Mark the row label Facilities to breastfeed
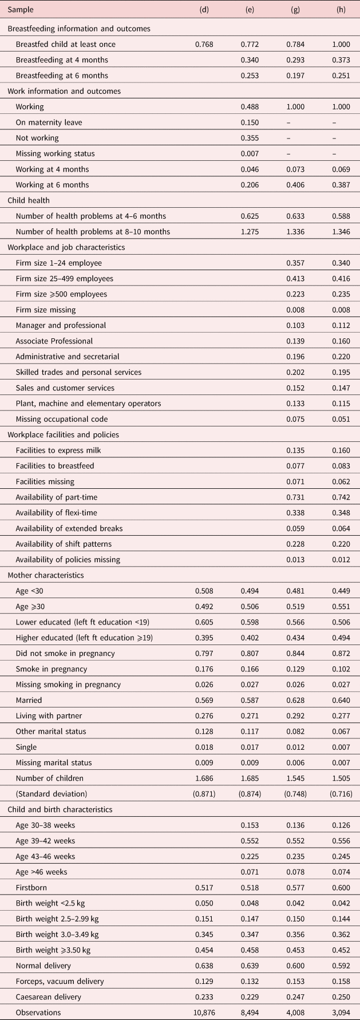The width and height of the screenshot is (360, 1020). (x=55, y=466)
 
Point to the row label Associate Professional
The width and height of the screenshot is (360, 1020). (x=54, y=341)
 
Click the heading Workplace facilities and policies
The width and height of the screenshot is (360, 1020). (x=62, y=434)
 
